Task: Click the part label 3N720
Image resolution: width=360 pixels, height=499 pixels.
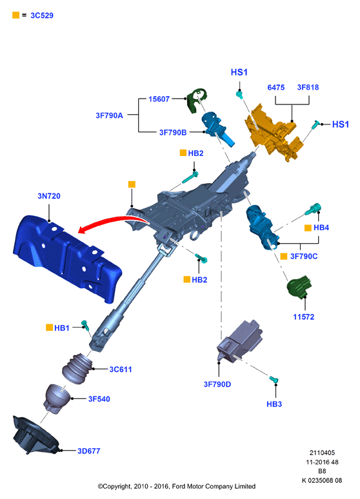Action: [49, 196]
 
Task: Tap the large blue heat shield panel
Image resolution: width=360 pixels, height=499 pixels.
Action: [67, 257]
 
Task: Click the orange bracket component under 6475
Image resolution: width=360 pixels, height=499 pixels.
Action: [274, 133]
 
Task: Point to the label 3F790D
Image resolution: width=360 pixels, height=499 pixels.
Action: [217, 384]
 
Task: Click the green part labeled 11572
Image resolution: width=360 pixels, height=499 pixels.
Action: [299, 287]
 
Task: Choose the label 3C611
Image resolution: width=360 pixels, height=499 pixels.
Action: [121, 369]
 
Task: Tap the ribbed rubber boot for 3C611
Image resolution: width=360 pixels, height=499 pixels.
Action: [77, 368]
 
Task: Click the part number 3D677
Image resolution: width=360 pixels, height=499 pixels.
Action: [89, 451]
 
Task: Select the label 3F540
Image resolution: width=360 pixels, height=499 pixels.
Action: [99, 399]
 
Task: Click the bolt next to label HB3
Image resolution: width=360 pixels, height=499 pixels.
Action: [274, 380]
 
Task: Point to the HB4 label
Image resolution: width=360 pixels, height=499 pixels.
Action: [321, 228]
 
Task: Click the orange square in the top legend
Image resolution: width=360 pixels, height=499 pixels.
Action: [15, 15]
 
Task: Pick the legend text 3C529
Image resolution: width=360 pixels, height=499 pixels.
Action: [42, 15]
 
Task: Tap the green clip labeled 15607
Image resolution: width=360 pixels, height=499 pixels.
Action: [197, 100]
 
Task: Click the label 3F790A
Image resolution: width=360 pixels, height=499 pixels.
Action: [109, 115]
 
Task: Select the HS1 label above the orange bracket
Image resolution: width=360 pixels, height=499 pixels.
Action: [239, 72]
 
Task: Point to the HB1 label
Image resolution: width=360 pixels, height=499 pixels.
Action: [62, 328]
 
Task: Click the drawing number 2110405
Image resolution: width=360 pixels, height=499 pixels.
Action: [322, 453]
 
